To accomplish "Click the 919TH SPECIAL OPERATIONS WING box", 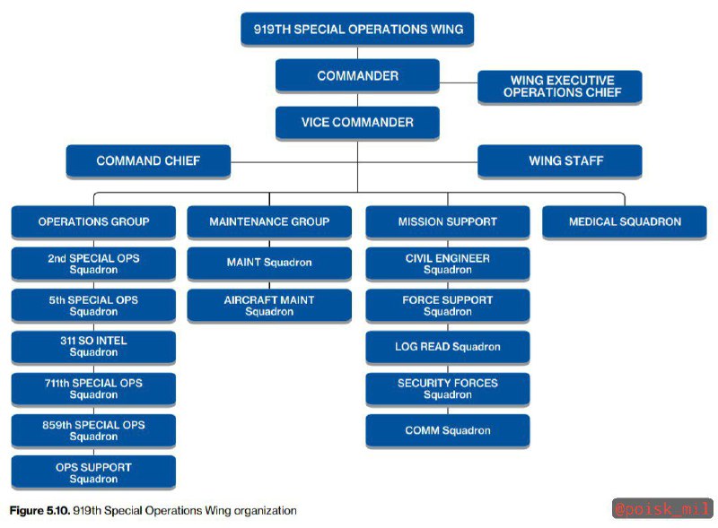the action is click(357, 30).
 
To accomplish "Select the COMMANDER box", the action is click(357, 76).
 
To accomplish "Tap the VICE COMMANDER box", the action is click(357, 123).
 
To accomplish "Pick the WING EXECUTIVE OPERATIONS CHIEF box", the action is click(559, 87).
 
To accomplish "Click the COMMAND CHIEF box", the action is click(148, 161).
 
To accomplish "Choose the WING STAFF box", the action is click(559, 161).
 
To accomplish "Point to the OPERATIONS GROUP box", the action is click(93, 222).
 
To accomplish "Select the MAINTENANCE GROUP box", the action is click(269, 222).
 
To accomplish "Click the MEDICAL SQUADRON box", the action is click(625, 222).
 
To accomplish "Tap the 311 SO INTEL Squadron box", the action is click(93, 347).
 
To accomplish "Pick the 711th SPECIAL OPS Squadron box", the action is click(93, 389).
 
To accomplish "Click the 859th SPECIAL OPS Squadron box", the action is click(93, 430).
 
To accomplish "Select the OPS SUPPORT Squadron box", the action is click(93, 472).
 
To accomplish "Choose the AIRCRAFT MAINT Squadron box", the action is click(269, 306).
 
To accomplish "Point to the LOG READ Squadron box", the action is click(448, 347).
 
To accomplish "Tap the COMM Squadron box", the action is click(448, 430).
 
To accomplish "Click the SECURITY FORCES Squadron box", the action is click(448, 389).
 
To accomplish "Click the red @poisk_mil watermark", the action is click(662, 508).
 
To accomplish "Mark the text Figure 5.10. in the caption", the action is click(39, 511).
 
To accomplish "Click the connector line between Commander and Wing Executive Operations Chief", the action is click(459, 82).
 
